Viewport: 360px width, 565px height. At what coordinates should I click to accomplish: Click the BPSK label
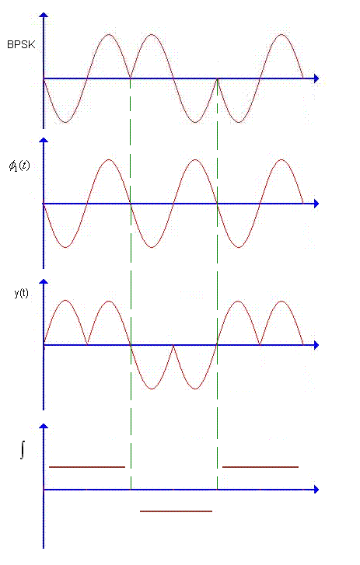coord(21,44)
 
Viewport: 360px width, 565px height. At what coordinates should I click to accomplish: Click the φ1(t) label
coord(19,166)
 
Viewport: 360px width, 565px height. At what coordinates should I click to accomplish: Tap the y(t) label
coord(21,293)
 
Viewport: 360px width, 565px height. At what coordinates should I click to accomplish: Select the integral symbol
coord(23,451)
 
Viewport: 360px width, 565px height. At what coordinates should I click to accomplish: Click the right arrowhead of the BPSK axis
coord(316,78)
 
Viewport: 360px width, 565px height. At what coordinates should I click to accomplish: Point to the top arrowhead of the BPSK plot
coord(44,15)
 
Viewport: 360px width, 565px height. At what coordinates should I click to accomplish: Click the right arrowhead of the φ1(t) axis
coord(316,204)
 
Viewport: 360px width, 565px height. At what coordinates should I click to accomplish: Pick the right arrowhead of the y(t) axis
coord(316,345)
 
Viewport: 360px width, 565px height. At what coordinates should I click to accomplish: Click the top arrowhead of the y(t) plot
coord(44,282)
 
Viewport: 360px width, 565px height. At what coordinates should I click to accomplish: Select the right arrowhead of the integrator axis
coord(316,490)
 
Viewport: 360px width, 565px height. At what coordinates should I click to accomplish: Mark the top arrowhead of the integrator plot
coord(44,426)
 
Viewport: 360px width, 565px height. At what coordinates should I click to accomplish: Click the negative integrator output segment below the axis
coord(176,511)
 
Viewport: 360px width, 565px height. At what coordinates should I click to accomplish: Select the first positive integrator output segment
coord(87,467)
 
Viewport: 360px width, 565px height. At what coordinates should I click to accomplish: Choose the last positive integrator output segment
coord(260,467)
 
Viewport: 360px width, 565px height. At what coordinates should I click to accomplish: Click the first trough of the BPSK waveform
coord(65,123)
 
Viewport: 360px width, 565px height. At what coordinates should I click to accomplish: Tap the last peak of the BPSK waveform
coord(281,35)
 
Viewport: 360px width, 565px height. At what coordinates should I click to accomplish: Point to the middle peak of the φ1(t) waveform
coord(195,159)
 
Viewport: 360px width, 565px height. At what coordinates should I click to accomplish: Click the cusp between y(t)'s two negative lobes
coord(173,346)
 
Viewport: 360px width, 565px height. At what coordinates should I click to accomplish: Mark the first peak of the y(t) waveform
coord(65,300)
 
